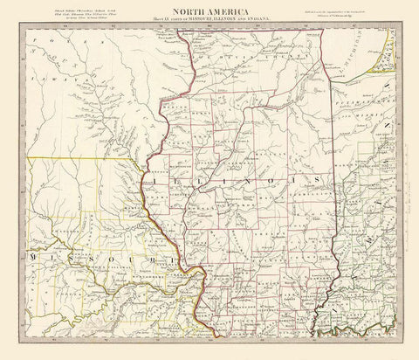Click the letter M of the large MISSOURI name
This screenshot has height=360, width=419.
(x=34, y=259)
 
